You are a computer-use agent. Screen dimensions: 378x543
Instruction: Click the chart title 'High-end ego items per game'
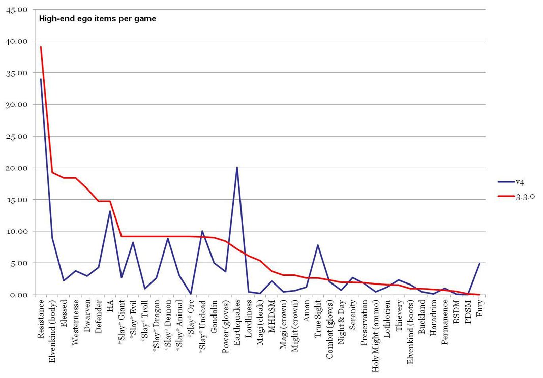click(x=98, y=19)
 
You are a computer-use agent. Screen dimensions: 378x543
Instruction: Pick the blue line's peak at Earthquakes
click(x=237, y=167)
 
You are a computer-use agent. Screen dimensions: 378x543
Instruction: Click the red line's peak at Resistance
click(x=41, y=47)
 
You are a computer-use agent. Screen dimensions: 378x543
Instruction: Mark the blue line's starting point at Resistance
click(x=41, y=79)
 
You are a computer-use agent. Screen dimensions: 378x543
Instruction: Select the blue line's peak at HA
click(x=110, y=211)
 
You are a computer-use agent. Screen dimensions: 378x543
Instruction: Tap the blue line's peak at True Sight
click(x=318, y=245)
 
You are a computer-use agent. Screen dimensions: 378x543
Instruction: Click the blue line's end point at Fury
click(x=479, y=263)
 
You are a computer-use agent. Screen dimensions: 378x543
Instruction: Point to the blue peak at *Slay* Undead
click(x=202, y=231)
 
